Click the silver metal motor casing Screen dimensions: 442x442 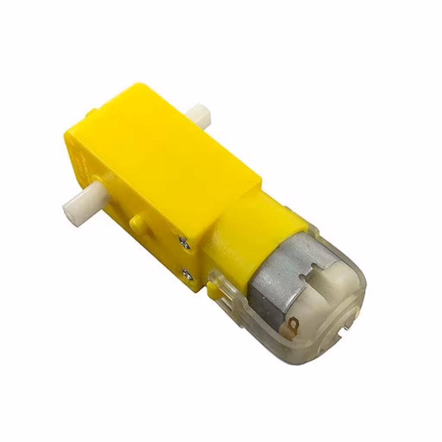276,276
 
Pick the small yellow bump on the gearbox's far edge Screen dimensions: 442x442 88,114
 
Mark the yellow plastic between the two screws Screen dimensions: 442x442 190,258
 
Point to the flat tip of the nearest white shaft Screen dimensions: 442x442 69,212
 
